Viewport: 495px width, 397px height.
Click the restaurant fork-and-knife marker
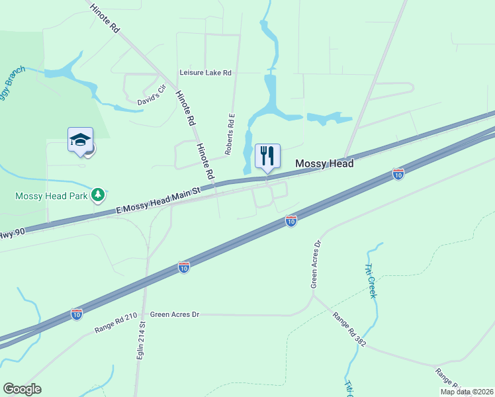267,156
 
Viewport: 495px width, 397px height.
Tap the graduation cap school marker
80,140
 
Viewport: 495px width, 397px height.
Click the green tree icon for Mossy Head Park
99,194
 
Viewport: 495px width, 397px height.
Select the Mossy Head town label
324,163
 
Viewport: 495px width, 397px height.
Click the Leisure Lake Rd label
206,73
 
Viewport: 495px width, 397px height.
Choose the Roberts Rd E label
230,134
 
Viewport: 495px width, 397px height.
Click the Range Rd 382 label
349,330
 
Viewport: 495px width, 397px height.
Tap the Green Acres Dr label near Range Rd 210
175,314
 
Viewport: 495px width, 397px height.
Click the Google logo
22,389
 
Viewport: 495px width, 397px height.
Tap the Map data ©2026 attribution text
467,392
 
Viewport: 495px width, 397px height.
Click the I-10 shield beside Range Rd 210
77,314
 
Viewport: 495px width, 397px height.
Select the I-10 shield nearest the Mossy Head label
398,174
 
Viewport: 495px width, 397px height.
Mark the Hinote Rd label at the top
105,19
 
